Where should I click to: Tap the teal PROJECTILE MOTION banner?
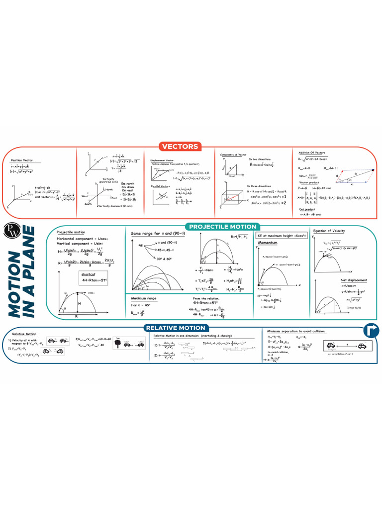[x=222, y=227]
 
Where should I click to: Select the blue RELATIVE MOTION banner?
[x=175, y=328]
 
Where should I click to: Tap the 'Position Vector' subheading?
[x=22, y=160]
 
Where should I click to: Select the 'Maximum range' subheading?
[x=144, y=298]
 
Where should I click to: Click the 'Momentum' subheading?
[x=267, y=243]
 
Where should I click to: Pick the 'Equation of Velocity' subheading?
[x=329, y=231]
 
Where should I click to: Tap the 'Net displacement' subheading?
[x=340, y=280]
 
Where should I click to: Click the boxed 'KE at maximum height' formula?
[x=280, y=235]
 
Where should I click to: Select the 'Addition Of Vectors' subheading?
[x=311, y=152]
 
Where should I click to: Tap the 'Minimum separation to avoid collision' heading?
[x=295, y=331]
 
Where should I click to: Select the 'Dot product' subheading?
[x=307, y=209]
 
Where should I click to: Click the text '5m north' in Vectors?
[x=127, y=183]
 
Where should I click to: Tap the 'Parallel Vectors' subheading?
[x=161, y=186]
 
